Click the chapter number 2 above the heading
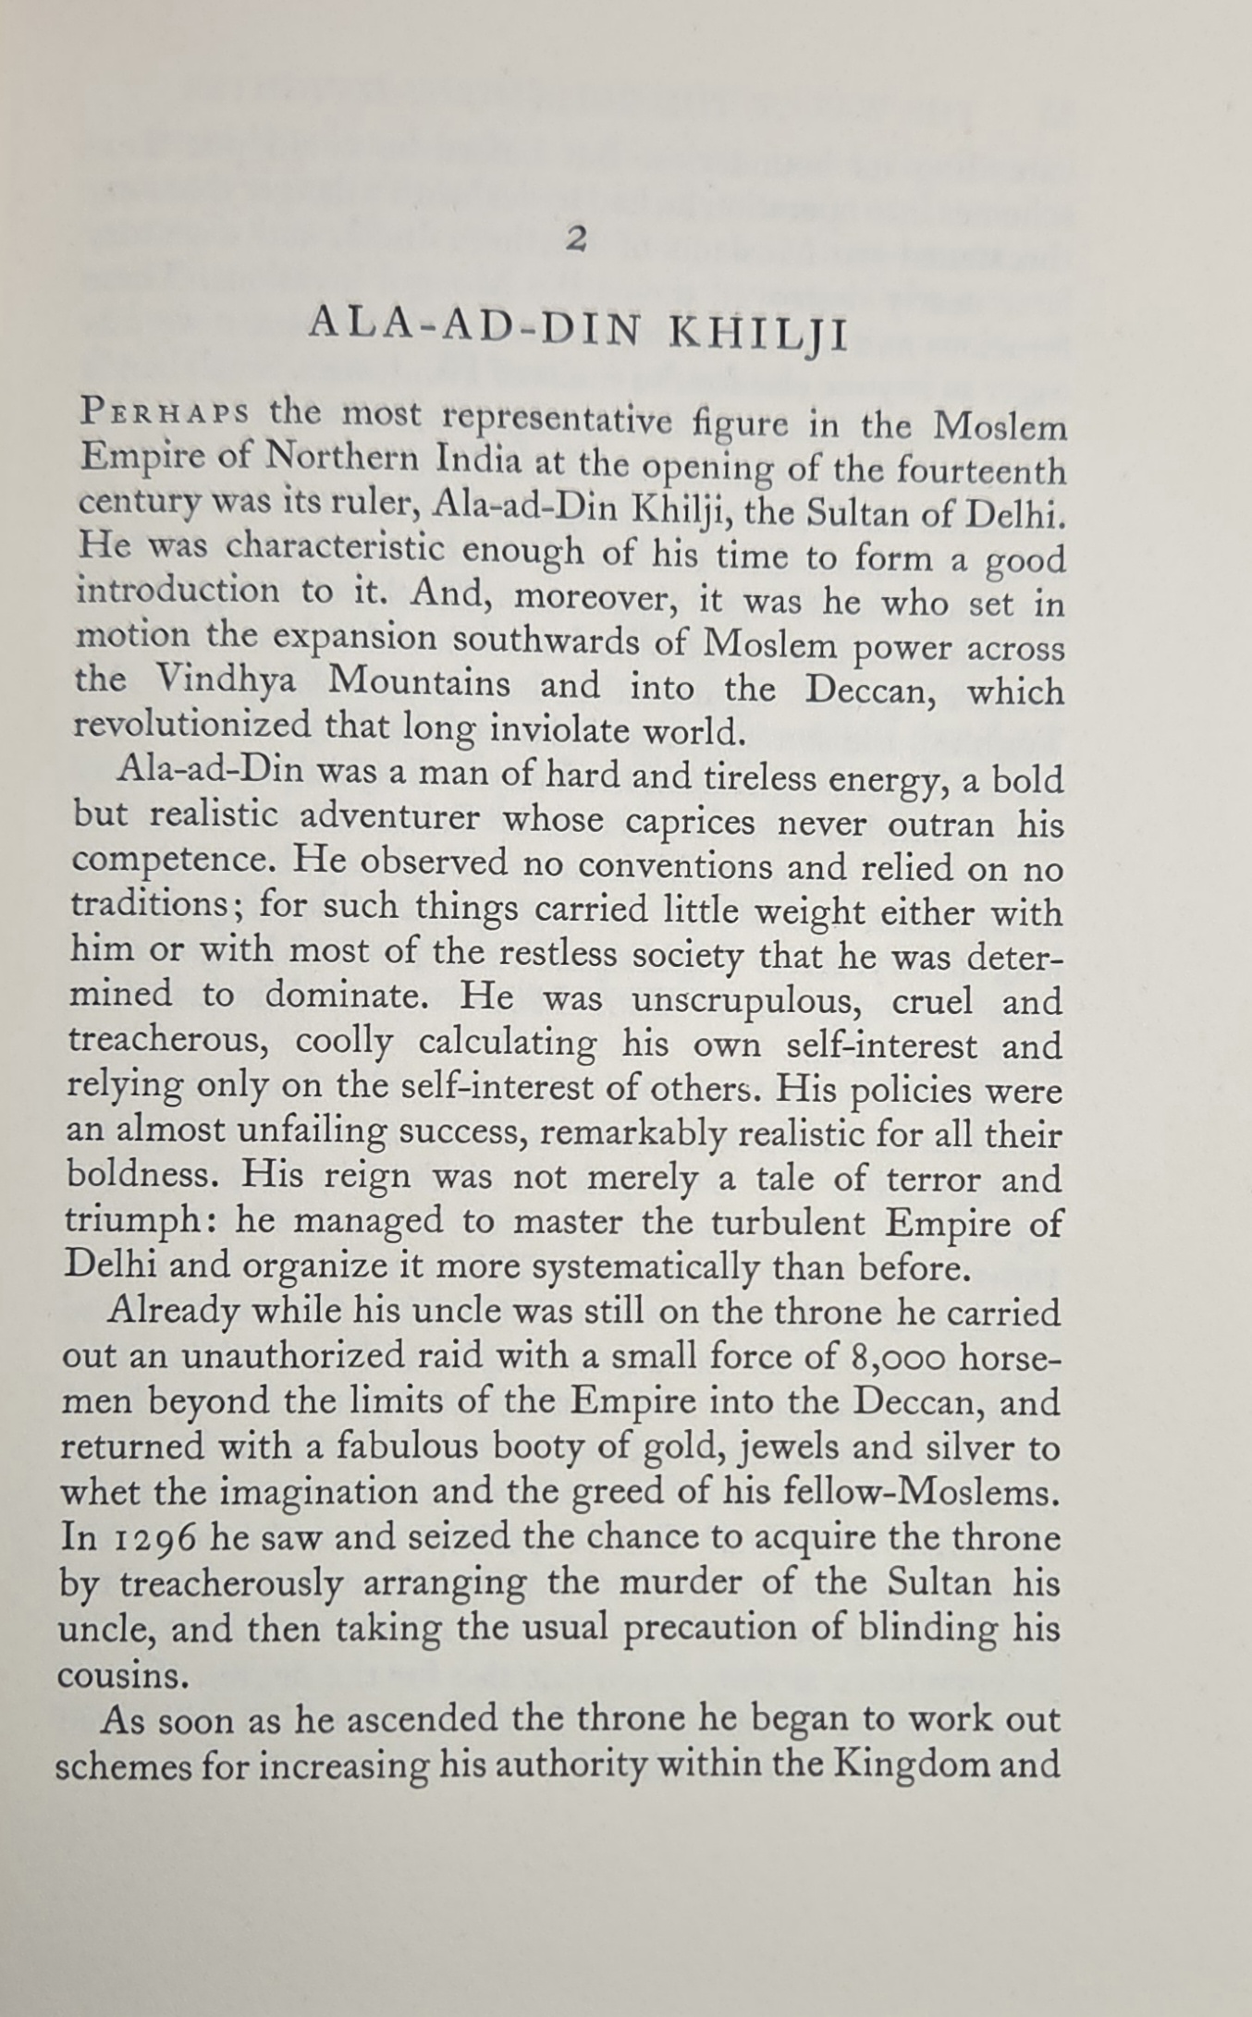(576, 239)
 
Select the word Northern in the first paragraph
(348, 458)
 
